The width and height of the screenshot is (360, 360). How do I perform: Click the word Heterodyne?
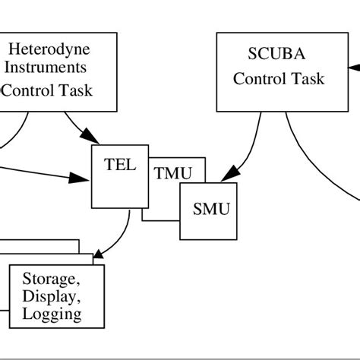(49, 50)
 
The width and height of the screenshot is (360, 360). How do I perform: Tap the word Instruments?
(46, 68)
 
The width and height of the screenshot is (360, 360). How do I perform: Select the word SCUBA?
(276, 54)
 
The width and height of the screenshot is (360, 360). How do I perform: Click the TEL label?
(120, 165)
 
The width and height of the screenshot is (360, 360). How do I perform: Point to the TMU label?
(173, 173)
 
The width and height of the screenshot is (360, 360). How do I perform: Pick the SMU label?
(211, 209)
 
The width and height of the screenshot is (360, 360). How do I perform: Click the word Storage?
(52, 279)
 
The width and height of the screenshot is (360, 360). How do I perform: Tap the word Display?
(52, 296)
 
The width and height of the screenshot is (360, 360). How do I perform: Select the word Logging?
(52, 314)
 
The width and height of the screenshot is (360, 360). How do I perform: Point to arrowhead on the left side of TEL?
(79, 178)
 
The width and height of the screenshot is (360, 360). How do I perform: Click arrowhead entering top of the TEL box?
(90, 136)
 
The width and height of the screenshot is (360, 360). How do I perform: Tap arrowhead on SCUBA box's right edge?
(354, 68)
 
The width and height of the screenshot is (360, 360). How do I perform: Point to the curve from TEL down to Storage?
(122, 235)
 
